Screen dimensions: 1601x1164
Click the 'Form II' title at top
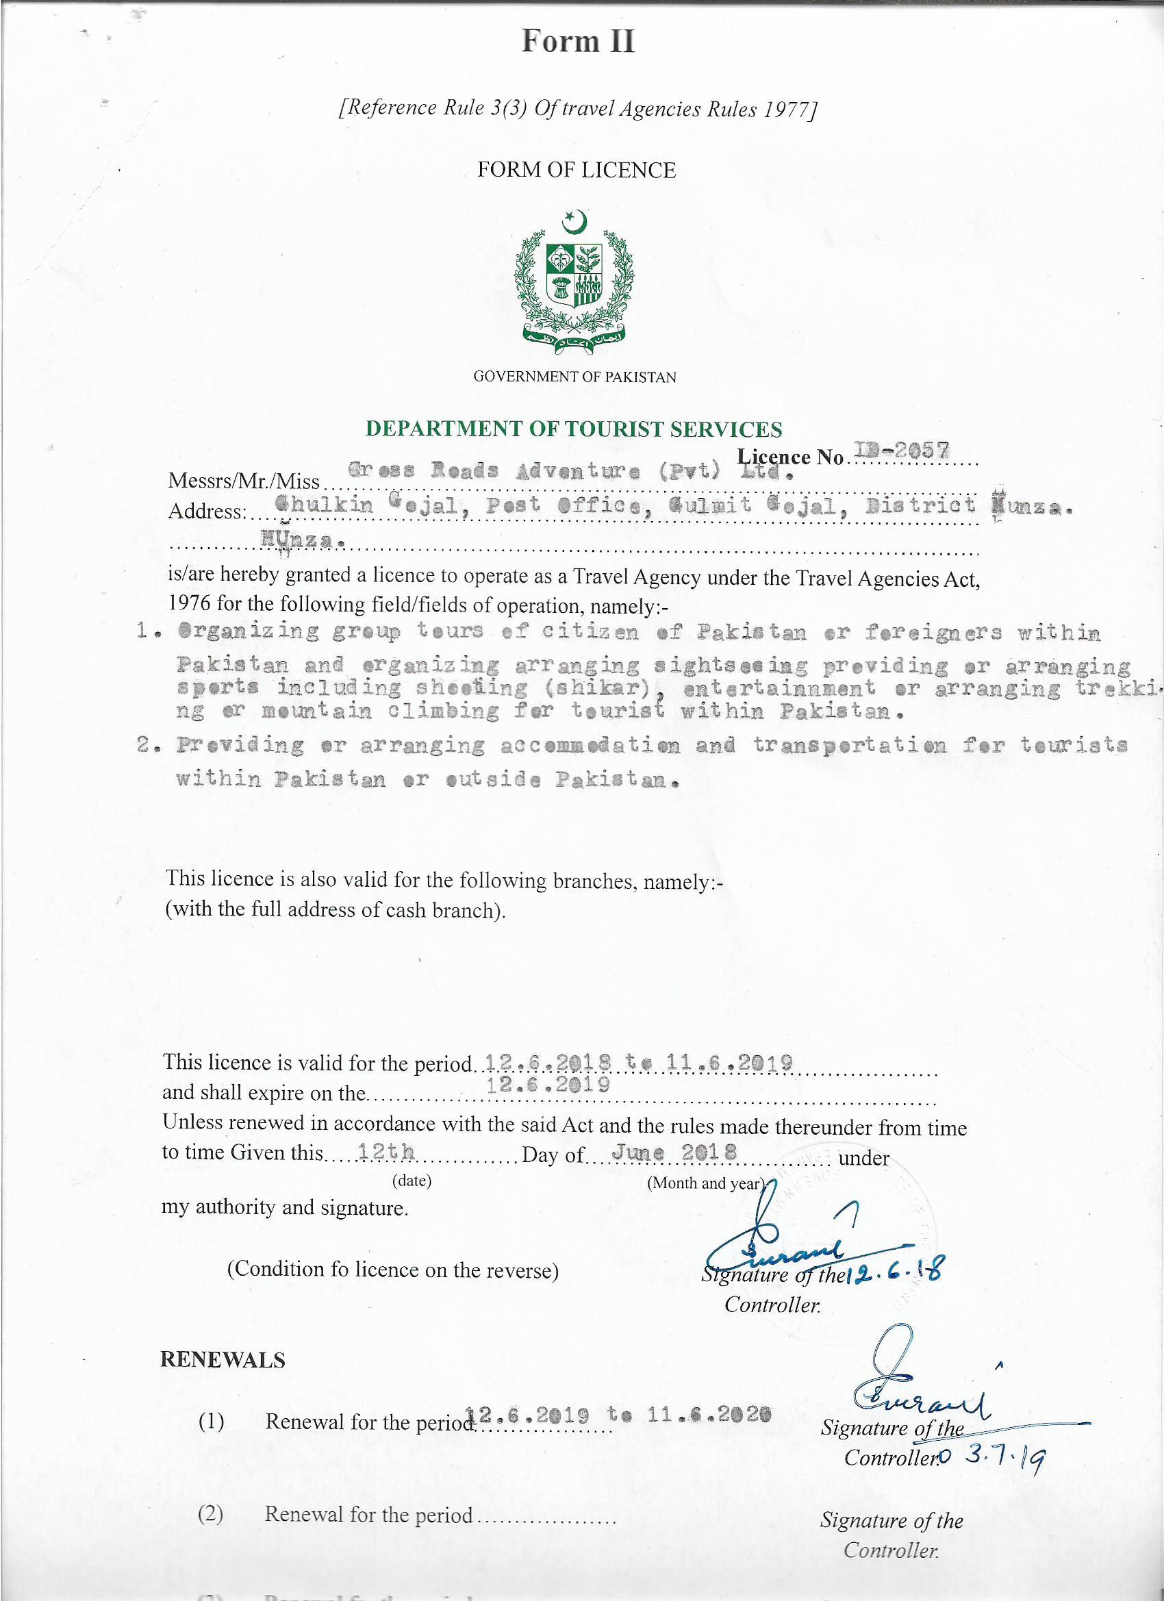point(577,41)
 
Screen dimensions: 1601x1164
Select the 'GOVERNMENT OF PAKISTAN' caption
point(574,377)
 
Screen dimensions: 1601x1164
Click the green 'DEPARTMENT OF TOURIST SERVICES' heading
point(573,429)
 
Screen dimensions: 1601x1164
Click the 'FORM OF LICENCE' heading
point(576,170)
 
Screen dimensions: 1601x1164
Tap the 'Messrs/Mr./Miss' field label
point(244,481)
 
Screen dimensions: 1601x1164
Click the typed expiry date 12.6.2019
point(548,1084)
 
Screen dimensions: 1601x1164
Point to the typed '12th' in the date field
point(385,1152)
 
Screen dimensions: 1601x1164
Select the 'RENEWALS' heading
point(223,1359)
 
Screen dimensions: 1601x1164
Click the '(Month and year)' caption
point(706,1183)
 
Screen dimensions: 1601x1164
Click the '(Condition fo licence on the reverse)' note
point(392,1270)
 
